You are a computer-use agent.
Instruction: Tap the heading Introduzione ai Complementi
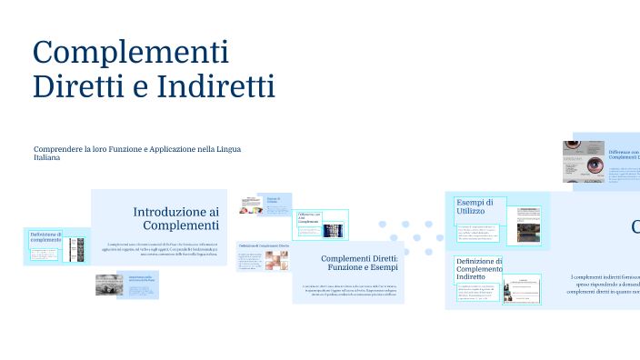point(175,218)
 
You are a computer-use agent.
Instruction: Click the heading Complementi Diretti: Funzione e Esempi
point(359,264)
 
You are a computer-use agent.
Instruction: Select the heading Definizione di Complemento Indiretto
point(478,270)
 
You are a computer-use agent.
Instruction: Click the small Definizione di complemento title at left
point(45,239)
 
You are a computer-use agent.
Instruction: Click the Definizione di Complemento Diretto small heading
point(264,246)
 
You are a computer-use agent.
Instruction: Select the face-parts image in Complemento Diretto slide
point(275,261)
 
